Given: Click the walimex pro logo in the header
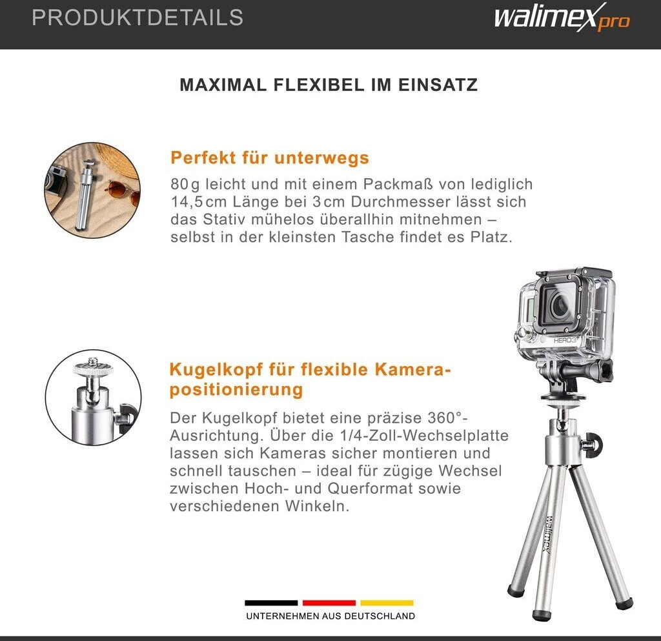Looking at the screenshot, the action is (562, 17).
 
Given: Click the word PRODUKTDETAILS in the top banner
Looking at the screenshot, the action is (137, 17).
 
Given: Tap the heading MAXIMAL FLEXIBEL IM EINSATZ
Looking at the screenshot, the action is (329, 85).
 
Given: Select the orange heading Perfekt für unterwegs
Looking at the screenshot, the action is (270, 158).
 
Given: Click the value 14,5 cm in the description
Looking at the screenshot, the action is (199, 202).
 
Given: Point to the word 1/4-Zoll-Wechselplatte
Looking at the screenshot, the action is (424, 435).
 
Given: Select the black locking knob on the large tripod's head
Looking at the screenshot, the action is (594, 444).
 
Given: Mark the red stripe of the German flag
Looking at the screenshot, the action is (329, 603).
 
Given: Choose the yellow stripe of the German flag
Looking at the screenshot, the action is (387, 603).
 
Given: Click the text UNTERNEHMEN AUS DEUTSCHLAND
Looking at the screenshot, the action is (330, 616).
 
